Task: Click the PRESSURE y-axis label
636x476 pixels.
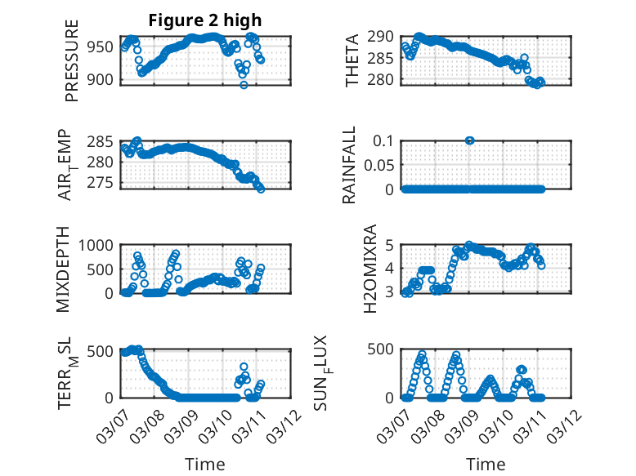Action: [x=72, y=67]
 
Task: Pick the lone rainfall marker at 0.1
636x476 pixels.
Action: [x=470, y=140]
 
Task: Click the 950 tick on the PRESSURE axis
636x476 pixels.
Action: [x=103, y=47]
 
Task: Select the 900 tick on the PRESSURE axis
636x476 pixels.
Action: [x=103, y=80]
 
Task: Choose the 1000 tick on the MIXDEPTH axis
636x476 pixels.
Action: [x=99, y=245]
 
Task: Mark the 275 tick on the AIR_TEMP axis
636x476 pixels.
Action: [x=103, y=182]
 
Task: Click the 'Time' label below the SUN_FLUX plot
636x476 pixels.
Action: [x=486, y=465]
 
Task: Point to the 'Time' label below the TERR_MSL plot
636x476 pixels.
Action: [x=206, y=465]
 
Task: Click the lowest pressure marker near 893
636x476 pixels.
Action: [x=244, y=84]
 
